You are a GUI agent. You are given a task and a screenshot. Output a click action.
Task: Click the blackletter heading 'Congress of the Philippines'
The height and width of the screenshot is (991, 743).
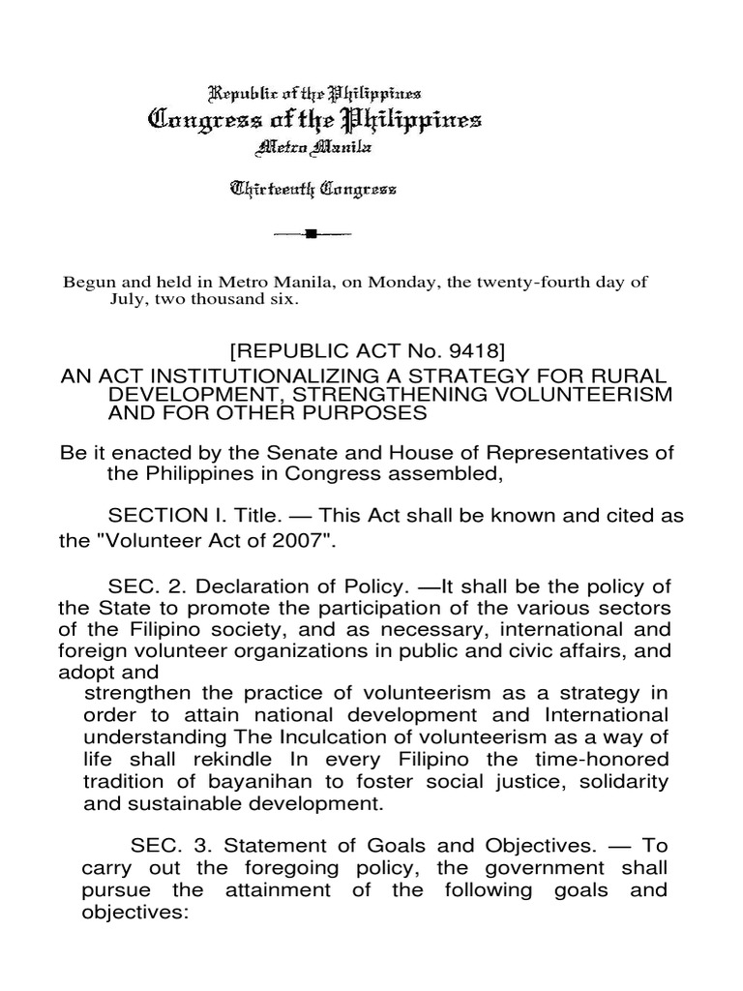tap(312, 122)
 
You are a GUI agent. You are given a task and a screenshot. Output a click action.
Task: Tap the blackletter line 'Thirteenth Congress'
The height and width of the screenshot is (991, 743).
tap(312, 191)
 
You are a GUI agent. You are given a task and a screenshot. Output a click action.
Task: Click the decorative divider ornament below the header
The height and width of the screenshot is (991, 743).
tap(312, 234)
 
